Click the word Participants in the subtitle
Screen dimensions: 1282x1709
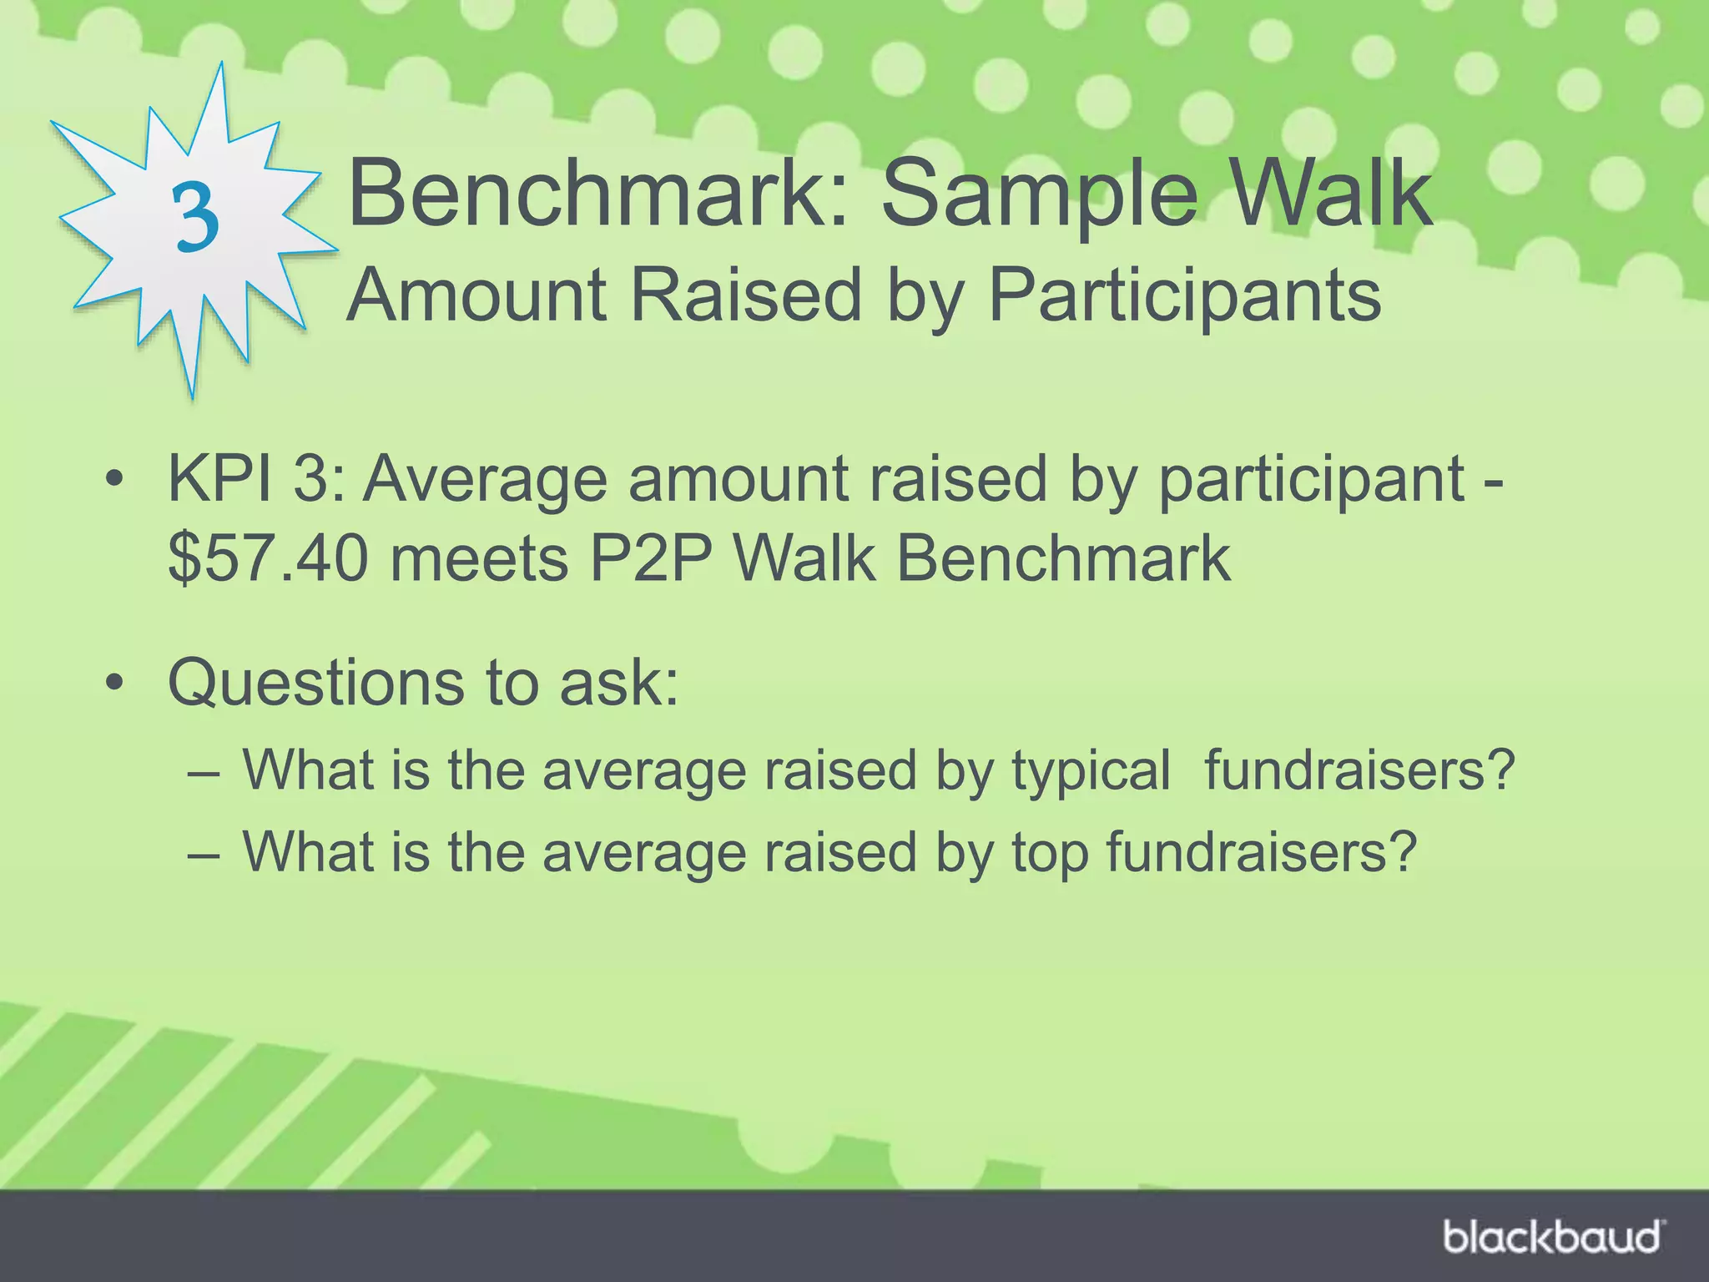click(x=1185, y=295)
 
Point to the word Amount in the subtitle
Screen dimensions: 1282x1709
click(x=476, y=295)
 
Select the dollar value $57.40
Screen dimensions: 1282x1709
click(x=267, y=558)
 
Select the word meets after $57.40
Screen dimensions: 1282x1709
click(x=479, y=558)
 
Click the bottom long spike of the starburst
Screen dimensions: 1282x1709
click(x=190, y=367)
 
